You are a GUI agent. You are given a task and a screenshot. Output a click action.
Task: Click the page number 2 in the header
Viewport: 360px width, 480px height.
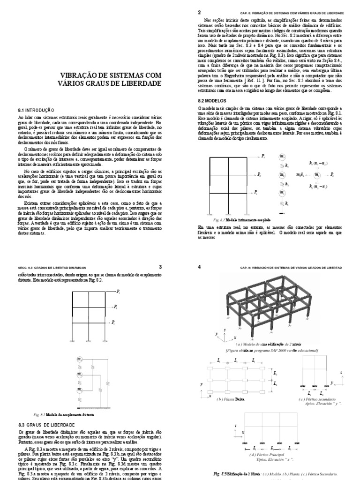(x=200, y=13)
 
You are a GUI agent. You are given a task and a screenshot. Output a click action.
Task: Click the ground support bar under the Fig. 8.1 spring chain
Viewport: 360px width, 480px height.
(x=282, y=210)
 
